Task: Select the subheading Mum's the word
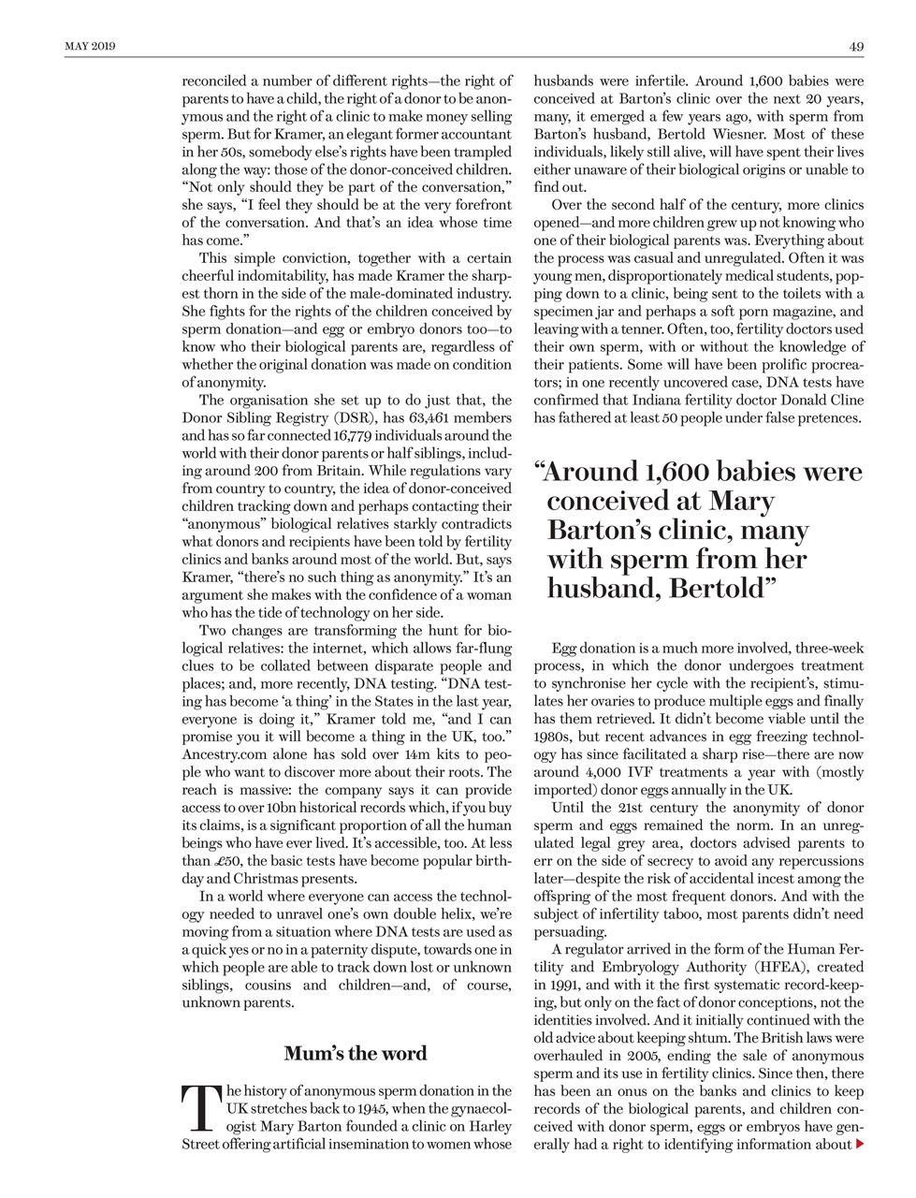tap(355, 1053)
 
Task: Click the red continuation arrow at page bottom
tap(860, 1144)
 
